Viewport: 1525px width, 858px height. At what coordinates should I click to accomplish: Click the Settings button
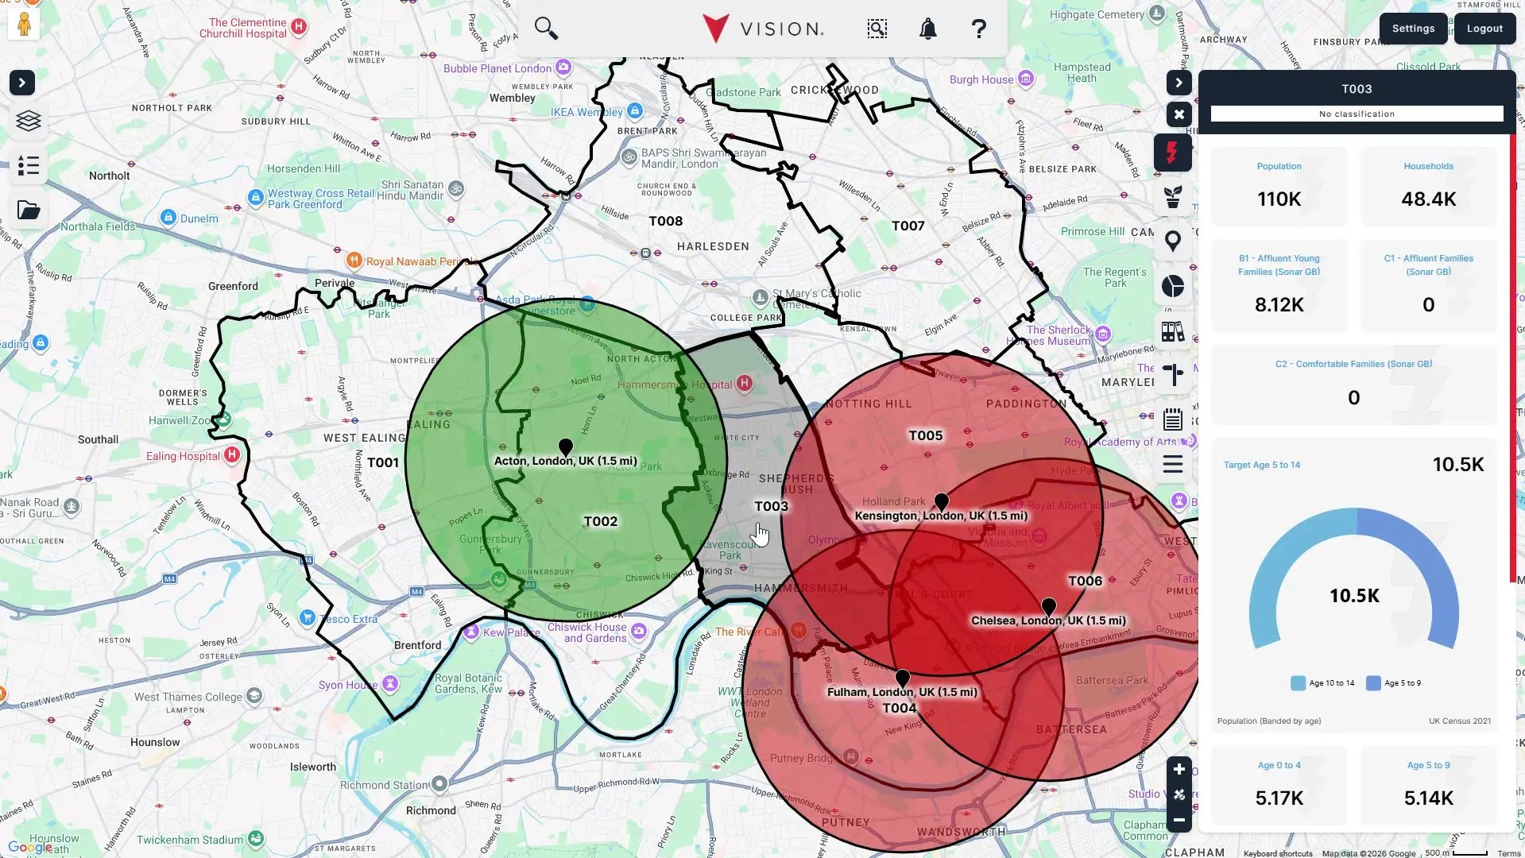(x=1413, y=29)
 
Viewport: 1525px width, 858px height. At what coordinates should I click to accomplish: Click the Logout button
(x=1484, y=29)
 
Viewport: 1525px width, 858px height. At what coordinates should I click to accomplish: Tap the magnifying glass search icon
(x=546, y=29)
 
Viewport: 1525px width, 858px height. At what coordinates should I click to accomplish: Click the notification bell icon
(x=927, y=29)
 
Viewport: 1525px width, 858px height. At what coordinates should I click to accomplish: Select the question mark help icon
(x=978, y=29)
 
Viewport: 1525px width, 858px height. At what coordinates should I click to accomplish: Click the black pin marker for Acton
(x=566, y=446)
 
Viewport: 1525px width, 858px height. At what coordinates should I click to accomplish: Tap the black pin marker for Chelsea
(x=1049, y=607)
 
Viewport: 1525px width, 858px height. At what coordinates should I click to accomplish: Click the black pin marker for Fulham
(x=903, y=678)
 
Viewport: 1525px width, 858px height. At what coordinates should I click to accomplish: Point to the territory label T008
(x=666, y=221)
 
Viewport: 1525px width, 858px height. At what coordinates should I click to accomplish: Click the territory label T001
(x=383, y=462)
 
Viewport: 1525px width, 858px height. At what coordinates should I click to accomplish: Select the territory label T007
(x=908, y=226)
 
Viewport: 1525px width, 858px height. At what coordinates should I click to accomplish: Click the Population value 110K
(x=1279, y=199)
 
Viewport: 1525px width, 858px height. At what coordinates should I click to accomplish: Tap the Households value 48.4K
(x=1428, y=199)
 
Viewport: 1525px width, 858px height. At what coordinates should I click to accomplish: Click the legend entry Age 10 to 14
(x=1323, y=683)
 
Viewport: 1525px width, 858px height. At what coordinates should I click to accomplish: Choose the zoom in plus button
(x=1179, y=769)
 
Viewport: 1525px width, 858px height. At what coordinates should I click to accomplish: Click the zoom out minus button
(x=1179, y=820)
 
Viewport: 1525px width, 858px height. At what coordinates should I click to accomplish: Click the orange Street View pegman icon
(x=24, y=24)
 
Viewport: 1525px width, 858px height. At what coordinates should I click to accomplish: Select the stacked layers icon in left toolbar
(x=29, y=121)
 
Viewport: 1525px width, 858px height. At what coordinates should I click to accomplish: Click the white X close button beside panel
(x=1179, y=114)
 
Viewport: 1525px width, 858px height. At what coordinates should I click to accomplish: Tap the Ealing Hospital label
(x=184, y=456)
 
